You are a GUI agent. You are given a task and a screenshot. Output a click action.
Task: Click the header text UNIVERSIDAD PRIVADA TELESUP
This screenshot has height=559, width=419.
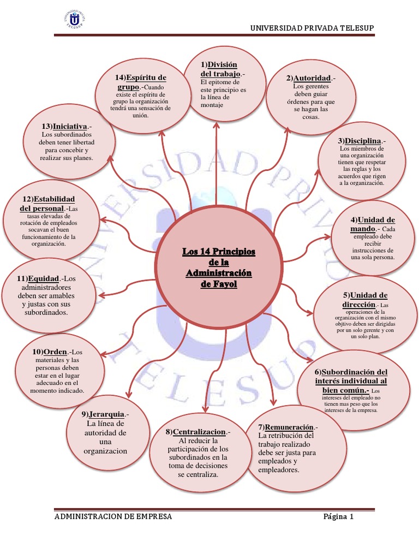[x=312, y=28]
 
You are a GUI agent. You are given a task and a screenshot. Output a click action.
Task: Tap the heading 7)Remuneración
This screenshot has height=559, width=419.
[x=288, y=426]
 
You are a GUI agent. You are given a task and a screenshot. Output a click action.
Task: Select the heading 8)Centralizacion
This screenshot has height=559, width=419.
[x=197, y=432]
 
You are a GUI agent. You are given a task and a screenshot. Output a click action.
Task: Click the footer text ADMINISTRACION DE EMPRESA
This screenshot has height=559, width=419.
[x=113, y=516]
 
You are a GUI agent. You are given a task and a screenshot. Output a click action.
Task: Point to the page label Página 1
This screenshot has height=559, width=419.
[x=338, y=516]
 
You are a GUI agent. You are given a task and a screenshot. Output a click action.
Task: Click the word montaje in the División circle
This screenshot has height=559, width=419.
[x=212, y=105]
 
